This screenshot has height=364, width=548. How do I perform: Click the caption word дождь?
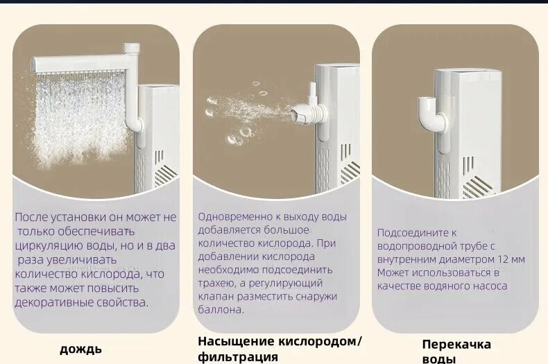point(80,349)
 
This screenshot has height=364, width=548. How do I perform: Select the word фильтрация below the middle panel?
point(238,357)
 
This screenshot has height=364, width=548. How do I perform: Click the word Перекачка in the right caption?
point(456,345)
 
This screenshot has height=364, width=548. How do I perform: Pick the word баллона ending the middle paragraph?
point(221,309)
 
